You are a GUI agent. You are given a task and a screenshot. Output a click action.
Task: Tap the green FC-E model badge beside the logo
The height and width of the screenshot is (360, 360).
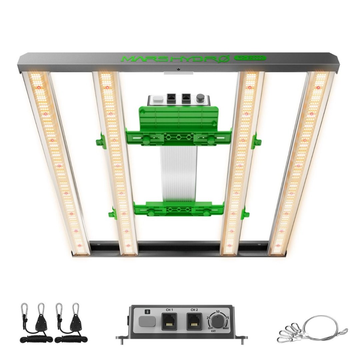point(250,58)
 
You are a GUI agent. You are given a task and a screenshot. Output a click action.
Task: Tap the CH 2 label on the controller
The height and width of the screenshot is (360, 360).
point(194,310)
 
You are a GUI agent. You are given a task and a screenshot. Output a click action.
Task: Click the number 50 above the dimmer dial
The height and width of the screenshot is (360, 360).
point(218,311)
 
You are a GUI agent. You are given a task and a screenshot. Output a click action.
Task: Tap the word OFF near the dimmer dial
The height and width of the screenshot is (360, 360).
point(210,328)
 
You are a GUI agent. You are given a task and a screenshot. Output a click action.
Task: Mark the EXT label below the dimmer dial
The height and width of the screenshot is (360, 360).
point(213,332)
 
